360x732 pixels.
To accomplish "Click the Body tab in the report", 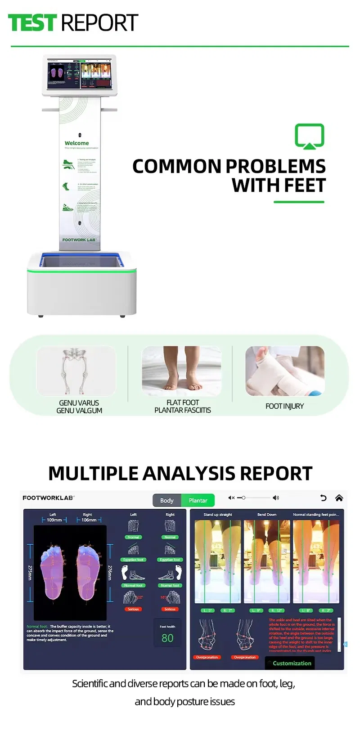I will coord(167,500).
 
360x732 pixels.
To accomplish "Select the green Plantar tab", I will coord(198,500).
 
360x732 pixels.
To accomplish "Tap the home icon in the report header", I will coord(339,497).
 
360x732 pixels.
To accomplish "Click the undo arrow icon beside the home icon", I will coord(323,497).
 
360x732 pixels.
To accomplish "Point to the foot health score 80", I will coord(167,638).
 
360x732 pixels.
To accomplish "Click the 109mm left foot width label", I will coord(54,520).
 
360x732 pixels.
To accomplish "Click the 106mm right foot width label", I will coord(89,520).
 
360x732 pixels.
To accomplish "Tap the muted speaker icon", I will coord(231,497).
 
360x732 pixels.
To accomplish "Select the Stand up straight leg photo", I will coord(218,561).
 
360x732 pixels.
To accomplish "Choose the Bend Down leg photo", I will coord(267,561).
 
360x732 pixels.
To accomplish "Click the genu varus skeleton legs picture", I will coord(76,371).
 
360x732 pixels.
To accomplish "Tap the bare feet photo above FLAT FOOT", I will coord(181,371).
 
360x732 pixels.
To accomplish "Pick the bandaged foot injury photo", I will coord(285,371).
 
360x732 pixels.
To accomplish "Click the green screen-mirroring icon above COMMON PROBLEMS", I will coord(310,136).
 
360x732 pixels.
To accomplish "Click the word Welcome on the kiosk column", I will coord(76,143).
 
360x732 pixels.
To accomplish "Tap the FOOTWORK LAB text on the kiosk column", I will coord(79,240).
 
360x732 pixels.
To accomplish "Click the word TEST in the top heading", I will coord(32,23).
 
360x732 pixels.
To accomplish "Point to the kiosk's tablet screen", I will coord(79,74).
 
